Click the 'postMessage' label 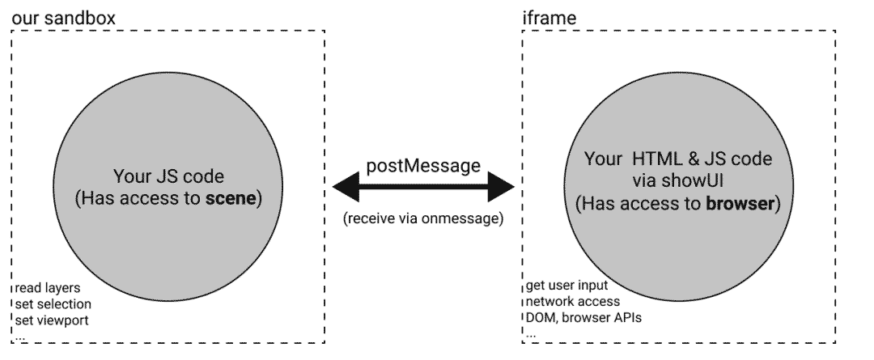click(x=423, y=166)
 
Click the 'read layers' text click(x=48, y=288)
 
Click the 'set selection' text click(x=53, y=303)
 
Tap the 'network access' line click(x=573, y=302)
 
